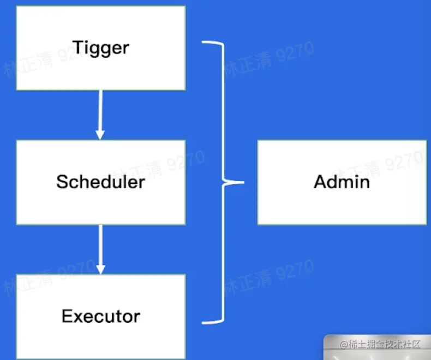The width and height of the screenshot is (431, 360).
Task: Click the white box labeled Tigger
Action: [x=101, y=48]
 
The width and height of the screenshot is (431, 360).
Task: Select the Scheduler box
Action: [x=101, y=182]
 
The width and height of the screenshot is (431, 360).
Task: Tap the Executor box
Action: [x=101, y=316]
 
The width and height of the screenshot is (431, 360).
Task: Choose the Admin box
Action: [x=342, y=182]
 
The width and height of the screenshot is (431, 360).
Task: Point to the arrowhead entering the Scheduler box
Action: [x=100, y=134]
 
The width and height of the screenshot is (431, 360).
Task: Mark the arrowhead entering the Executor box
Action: [x=100, y=269]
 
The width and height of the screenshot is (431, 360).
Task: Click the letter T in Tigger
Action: [x=79, y=47]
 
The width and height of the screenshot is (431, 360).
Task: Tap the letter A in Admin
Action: [x=321, y=182]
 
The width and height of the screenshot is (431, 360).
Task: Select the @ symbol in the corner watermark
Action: [x=344, y=345]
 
